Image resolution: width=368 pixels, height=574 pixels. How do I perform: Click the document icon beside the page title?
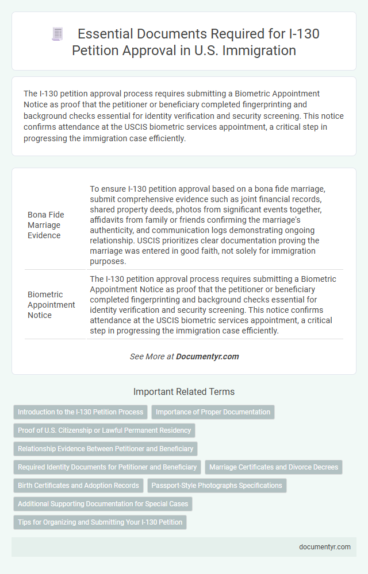click(57, 34)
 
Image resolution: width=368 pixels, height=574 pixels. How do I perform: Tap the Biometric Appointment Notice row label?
click(51, 305)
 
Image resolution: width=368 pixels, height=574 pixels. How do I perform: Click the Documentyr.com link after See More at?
click(207, 356)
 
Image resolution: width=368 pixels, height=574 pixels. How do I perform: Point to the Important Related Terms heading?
click(184, 392)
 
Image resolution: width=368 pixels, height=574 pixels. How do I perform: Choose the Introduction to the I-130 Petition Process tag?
click(80, 412)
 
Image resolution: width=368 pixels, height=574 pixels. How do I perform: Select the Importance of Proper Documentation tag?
click(213, 412)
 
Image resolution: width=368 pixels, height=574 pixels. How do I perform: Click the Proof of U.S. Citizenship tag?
click(104, 430)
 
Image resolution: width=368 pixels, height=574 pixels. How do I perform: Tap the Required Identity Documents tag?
click(107, 467)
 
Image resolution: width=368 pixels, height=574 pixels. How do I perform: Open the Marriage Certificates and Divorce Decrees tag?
click(273, 467)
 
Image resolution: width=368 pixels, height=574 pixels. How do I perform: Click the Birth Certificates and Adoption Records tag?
click(78, 485)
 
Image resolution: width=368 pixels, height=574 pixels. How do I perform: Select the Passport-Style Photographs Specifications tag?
click(217, 485)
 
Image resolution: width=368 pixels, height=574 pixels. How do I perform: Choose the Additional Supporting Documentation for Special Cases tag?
click(102, 503)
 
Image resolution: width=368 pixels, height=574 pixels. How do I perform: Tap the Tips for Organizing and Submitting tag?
click(99, 522)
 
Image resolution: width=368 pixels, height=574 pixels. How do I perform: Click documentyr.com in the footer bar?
click(325, 546)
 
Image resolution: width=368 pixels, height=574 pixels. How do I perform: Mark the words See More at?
click(152, 356)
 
